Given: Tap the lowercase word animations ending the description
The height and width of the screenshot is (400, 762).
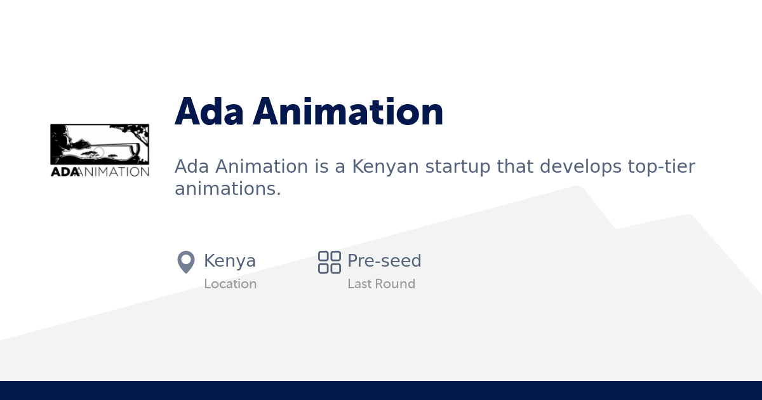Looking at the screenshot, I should [x=227, y=189].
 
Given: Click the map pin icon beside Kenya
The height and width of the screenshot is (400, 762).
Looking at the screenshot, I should [x=185, y=262].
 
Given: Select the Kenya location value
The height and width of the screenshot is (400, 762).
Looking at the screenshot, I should [x=230, y=261].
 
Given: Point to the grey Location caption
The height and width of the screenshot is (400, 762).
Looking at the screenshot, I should [x=231, y=284].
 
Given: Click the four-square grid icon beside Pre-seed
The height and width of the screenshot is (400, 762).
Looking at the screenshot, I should [x=330, y=262].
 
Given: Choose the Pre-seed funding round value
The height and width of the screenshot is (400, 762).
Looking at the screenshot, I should [x=384, y=261].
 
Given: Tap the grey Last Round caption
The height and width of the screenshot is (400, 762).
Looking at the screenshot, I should [x=381, y=284].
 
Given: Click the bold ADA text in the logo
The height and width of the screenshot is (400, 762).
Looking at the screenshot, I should [x=64, y=171].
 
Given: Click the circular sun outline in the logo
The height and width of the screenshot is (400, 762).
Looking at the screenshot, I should [x=98, y=152].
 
